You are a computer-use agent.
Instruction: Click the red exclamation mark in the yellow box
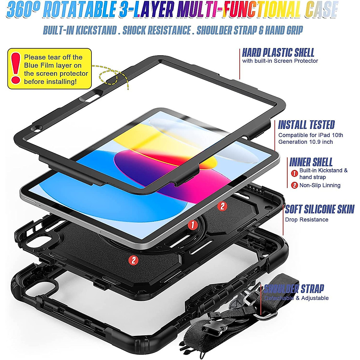pos(15,68)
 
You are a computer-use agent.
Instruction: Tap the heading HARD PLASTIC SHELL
pos(278,53)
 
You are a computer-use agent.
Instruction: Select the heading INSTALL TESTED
pos(306,125)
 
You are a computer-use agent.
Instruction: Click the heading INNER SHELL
pos(311,162)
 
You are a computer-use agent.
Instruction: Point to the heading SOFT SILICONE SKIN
pos(319,209)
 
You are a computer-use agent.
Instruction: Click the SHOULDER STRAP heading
pos(294,289)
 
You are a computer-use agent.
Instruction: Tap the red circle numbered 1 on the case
pos(192,225)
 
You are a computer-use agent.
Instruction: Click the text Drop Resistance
pos(307,220)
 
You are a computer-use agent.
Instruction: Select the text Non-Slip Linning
pos(320,185)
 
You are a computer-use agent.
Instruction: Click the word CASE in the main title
pos(322,10)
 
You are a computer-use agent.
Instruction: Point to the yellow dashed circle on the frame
pos(108,77)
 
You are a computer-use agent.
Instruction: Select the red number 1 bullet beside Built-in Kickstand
pos(295,173)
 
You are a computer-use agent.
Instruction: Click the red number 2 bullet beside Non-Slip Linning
pos(295,185)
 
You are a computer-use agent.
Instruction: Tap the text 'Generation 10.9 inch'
pos(305,142)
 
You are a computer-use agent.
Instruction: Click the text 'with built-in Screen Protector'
pos(280,61)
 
